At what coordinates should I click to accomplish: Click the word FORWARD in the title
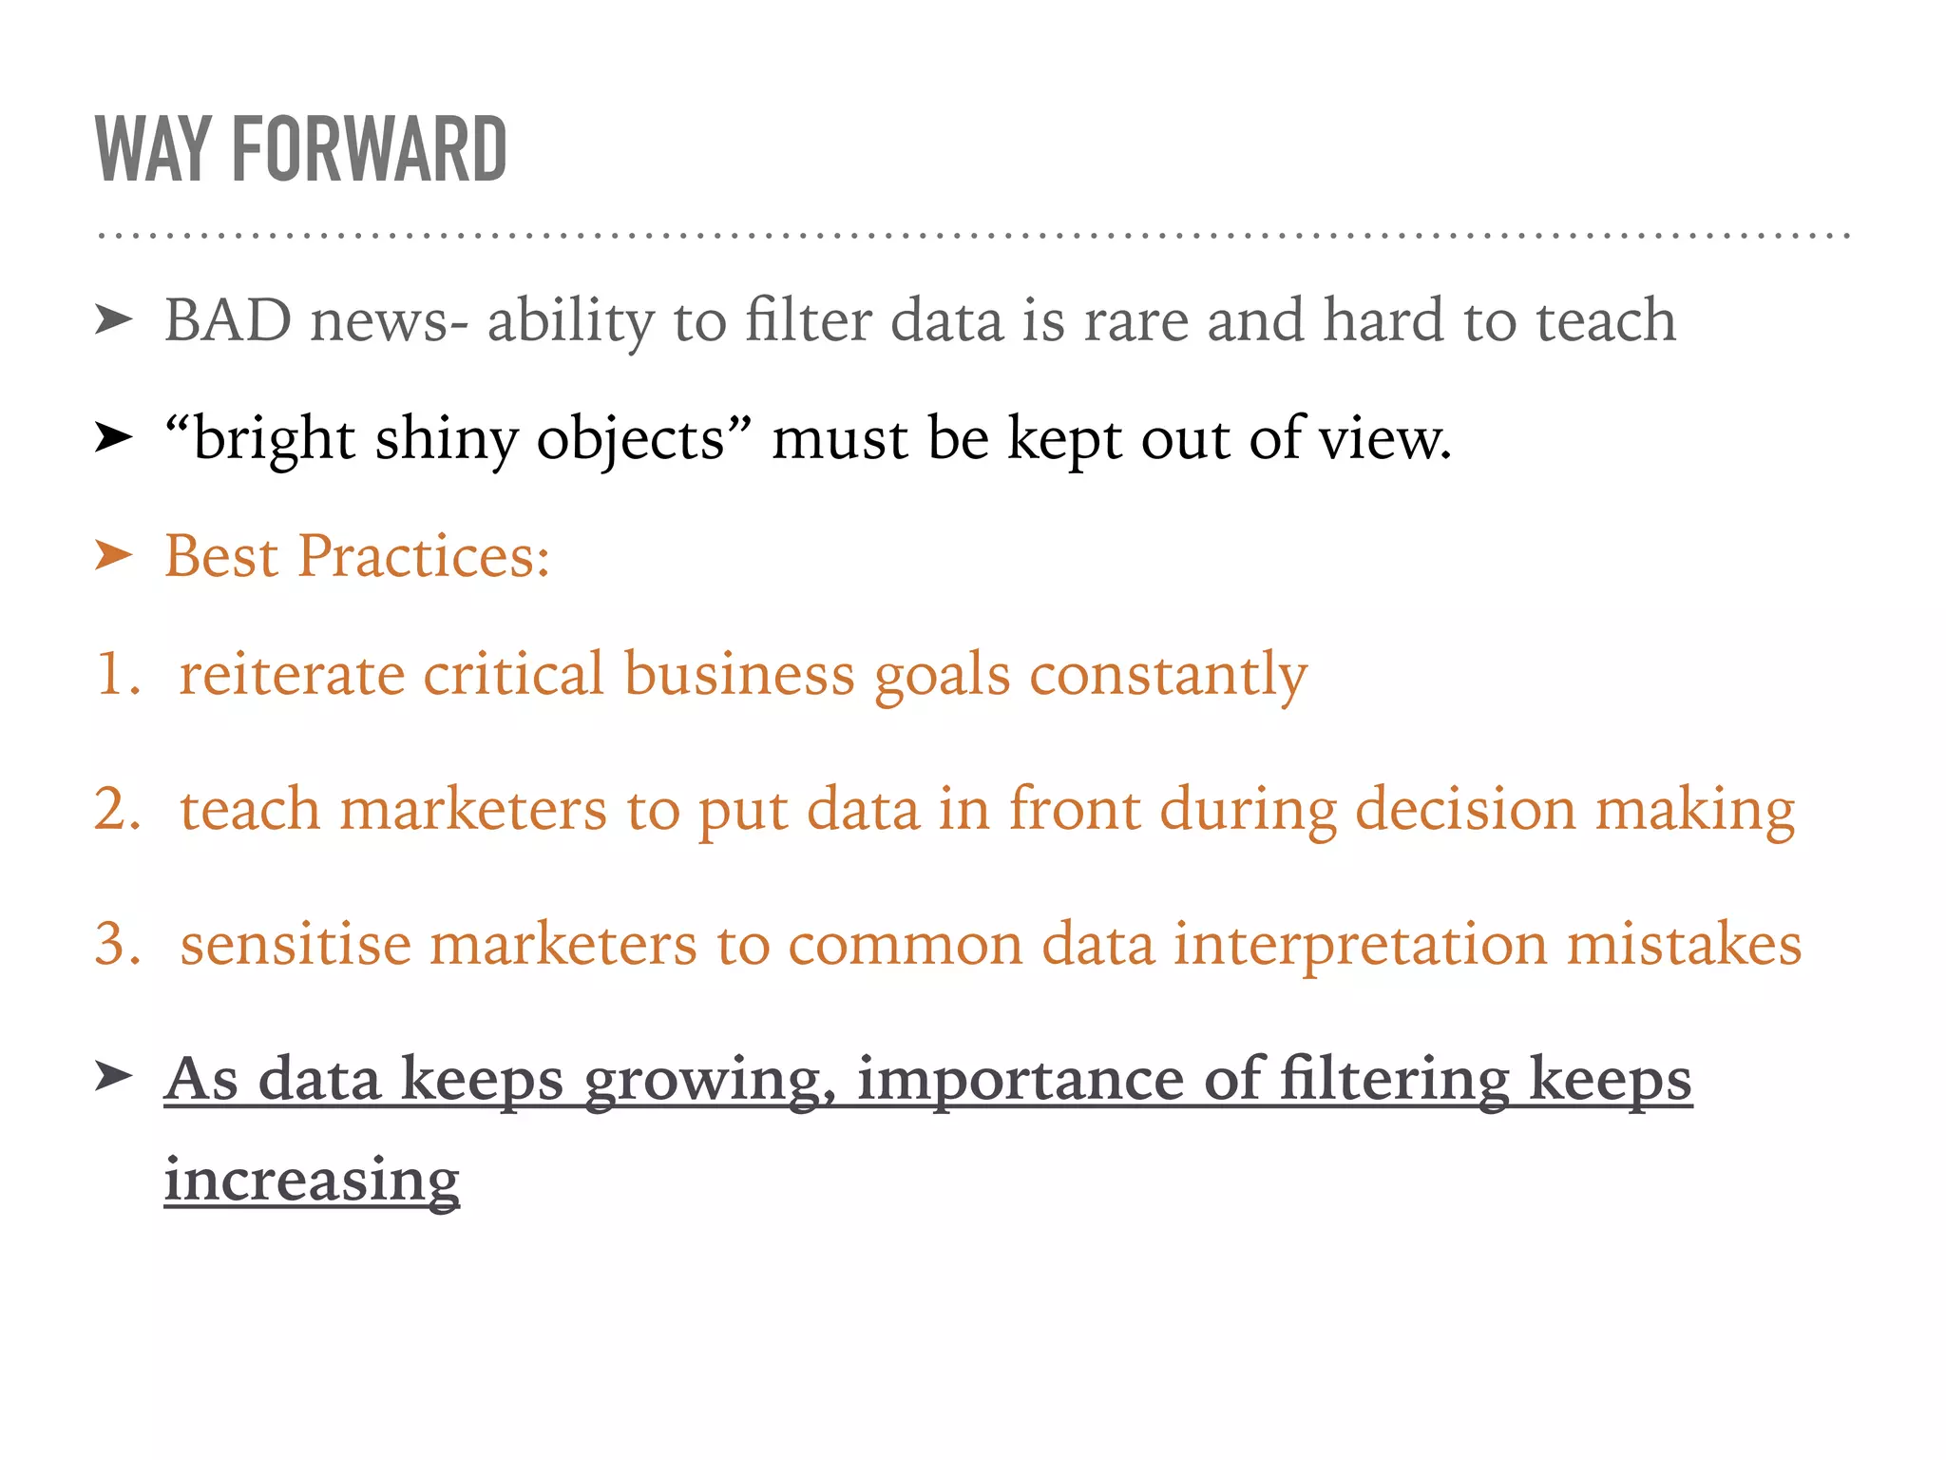tap(369, 149)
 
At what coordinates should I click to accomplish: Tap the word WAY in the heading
tap(152, 149)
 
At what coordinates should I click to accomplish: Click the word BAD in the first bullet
tap(228, 320)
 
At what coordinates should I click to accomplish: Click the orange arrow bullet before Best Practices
tap(114, 555)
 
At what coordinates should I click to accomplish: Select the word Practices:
tap(424, 556)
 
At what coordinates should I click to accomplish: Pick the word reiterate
tap(292, 674)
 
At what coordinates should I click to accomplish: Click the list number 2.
tap(118, 809)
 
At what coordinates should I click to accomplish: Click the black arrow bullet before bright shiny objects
tap(114, 438)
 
